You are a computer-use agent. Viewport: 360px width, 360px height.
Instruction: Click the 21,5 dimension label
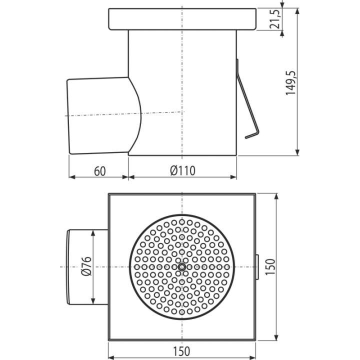275,19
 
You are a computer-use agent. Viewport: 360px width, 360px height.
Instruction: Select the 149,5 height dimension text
290,83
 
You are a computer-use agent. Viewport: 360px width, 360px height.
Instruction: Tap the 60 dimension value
100,171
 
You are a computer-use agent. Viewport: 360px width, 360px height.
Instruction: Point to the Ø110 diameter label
183,170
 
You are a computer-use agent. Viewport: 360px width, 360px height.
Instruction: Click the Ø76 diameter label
86,266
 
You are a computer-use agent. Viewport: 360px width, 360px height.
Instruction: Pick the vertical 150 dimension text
270,267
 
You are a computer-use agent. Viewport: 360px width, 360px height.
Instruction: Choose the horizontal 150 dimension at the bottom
181,351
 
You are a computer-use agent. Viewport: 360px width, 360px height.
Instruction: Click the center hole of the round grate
182,267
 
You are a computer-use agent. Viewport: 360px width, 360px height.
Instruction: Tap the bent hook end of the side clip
252,135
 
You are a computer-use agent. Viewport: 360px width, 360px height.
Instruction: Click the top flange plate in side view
182,19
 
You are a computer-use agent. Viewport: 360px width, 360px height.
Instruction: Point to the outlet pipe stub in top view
87,267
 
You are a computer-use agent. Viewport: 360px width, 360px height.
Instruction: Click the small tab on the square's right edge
257,267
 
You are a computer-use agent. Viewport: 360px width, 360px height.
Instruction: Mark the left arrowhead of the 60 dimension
72,177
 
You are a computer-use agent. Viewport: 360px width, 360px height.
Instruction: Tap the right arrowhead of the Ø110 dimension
233,177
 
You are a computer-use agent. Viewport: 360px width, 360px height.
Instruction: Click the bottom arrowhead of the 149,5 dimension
297,152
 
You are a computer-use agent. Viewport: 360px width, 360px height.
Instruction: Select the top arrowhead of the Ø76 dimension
93,233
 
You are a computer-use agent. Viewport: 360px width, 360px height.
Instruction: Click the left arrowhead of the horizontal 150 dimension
111,357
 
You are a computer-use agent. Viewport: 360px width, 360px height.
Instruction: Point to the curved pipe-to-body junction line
138,115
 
